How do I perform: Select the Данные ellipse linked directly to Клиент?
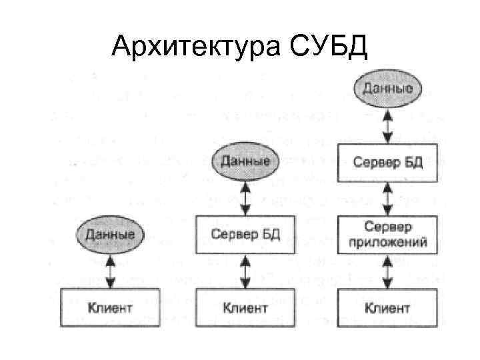click(109, 234)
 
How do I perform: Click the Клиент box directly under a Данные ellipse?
click(109, 307)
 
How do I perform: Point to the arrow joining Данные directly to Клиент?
click(109, 270)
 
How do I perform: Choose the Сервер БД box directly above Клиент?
click(245, 234)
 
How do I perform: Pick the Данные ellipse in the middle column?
click(245, 161)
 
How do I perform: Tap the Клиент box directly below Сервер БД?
click(245, 307)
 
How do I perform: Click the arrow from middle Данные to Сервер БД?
click(245, 197)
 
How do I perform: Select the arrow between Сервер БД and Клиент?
click(245, 270)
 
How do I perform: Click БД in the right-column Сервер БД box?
click(413, 162)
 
